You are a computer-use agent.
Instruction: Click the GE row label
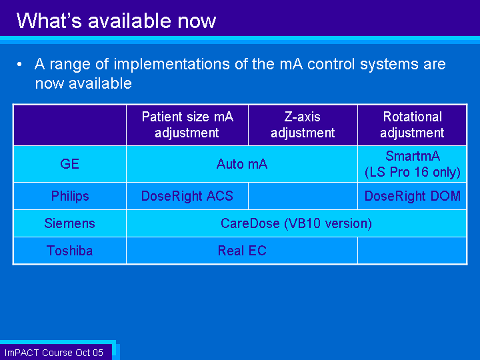pyautogui.click(x=70, y=164)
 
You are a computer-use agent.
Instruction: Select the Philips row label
pyautogui.click(x=70, y=196)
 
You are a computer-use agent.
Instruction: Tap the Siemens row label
pyautogui.click(x=70, y=223)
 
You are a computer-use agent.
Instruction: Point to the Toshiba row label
pyautogui.click(x=70, y=251)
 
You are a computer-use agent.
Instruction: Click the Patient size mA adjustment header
pyautogui.click(x=187, y=125)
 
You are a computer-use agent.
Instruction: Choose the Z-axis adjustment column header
pyautogui.click(x=303, y=125)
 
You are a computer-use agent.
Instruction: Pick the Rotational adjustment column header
pyautogui.click(x=412, y=125)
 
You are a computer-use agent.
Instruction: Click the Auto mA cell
pyautogui.click(x=242, y=164)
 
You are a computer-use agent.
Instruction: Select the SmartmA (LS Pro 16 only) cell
pyautogui.click(x=413, y=164)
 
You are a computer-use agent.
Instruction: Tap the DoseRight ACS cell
pyautogui.click(x=187, y=196)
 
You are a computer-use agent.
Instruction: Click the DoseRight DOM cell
pyautogui.click(x=413, y=196)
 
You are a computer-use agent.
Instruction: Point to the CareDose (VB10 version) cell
pyautogui.click(x=296, y=223)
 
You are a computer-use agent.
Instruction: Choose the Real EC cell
pyautogui.click(x=242, y=251)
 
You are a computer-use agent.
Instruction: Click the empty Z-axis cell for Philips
pyautogui.click(x=303, y=196)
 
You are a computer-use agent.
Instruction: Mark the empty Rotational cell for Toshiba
pyautogui.click(x=412, y=251)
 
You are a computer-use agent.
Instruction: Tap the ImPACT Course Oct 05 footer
pyautogui.click(x=54, y=353)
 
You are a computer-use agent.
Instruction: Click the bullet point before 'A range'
pyautogui.click(x=19, y=64)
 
